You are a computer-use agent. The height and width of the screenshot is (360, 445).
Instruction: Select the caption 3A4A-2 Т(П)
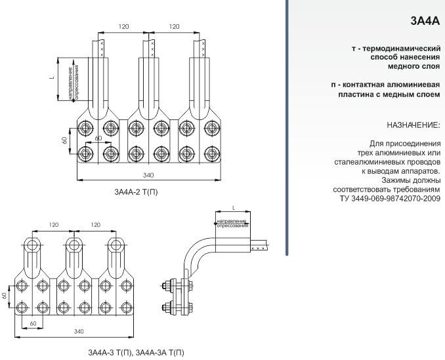(136, 192)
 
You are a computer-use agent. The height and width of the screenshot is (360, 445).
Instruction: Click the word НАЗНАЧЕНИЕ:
(413, 125)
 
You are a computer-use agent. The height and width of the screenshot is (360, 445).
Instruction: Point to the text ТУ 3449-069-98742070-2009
(390, 198)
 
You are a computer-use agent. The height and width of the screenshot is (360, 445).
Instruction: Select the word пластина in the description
(352, 94)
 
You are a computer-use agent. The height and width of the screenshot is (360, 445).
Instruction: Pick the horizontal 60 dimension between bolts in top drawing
(98, 138)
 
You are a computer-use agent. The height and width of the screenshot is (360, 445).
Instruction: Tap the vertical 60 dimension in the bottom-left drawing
(4, 296)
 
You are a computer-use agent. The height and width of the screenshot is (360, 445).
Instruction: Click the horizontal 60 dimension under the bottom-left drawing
(32, 324)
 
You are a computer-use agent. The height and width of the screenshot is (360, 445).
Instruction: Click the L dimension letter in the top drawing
(52, 77)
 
